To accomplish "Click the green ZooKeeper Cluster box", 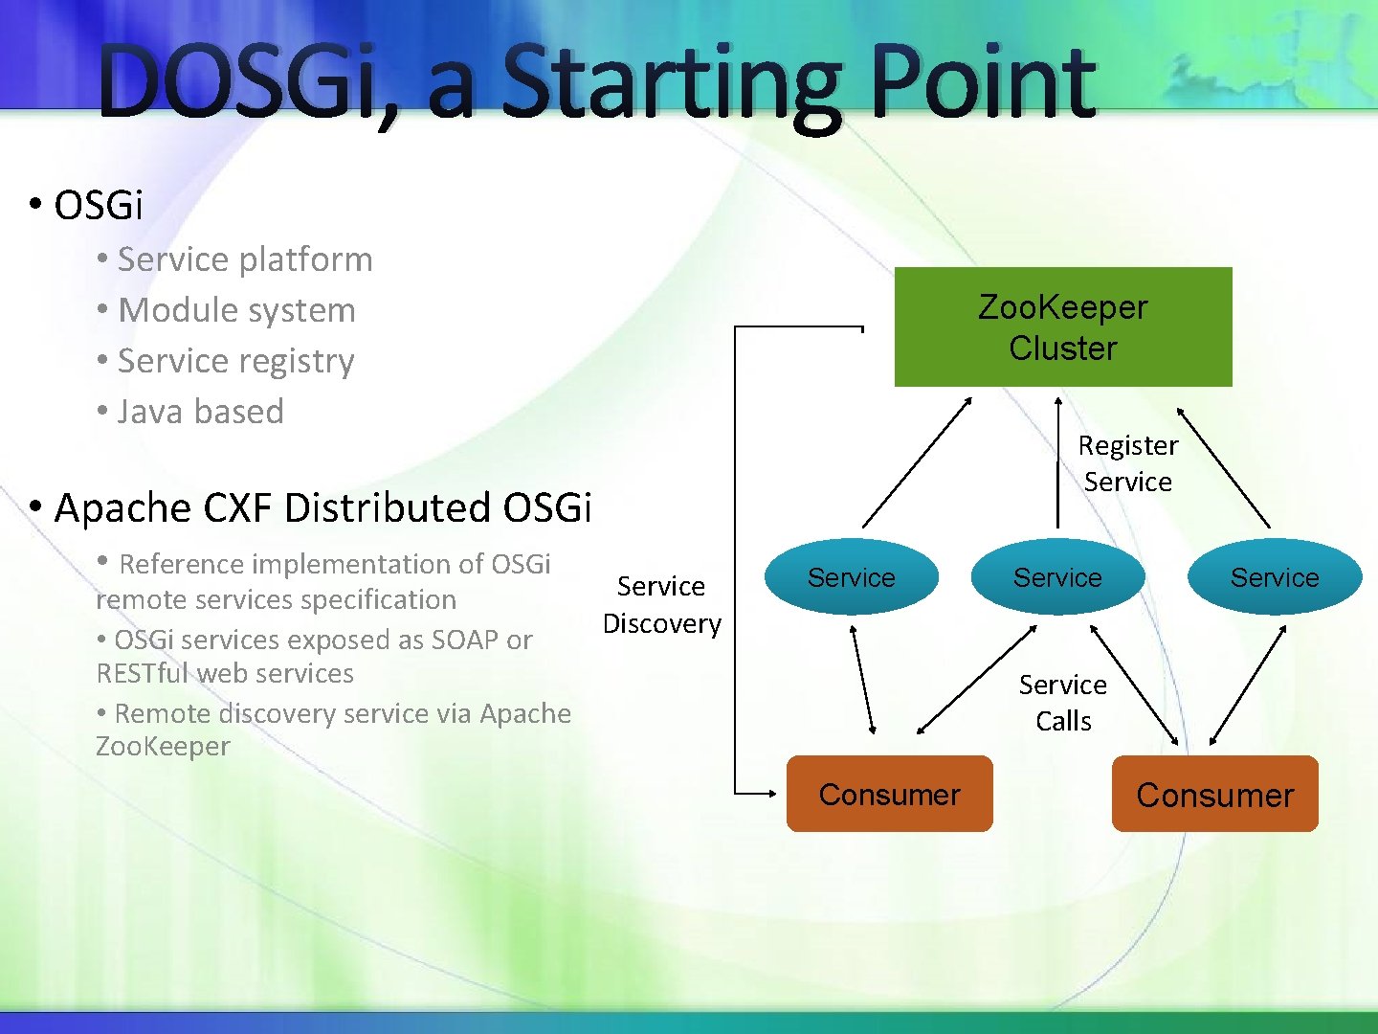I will tap(1062, 327).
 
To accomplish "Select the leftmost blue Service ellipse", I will tap(851, 577).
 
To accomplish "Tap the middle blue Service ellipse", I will tap(1057, 577).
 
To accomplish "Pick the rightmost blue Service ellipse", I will tap(1274, 577).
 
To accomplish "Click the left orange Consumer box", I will tap(889, 795).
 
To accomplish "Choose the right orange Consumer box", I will tap(1214, 795).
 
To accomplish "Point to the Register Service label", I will tap(1127, 463).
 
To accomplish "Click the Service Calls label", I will tap(1062, 703).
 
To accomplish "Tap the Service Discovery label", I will tap(661, 604).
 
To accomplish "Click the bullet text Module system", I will tap(236, 310).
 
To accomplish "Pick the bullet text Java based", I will tap(200, 412).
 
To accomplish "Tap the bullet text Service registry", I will tap(235, 361).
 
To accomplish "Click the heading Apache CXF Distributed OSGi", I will tap(322, 507).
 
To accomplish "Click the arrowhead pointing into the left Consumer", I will tap(771, 793).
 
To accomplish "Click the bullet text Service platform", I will tap(244, 259).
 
